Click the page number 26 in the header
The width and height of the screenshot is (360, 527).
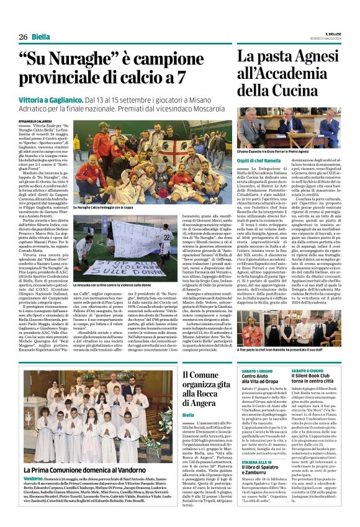pyautogui.click(x=22, y=37)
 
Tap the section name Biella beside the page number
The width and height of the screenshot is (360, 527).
pyautogui.click(x=41, y=37)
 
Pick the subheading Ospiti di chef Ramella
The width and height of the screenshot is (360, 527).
pyautogui.click(x=259, y=161)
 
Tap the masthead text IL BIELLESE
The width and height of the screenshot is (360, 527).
pyautogui.click(x=333, y=34)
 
